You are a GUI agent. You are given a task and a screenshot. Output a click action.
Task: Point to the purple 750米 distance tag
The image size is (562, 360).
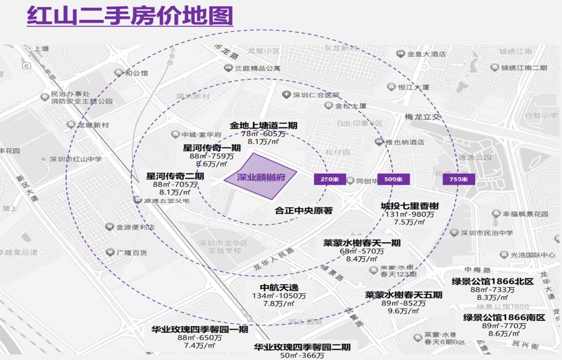(x=459, y=179)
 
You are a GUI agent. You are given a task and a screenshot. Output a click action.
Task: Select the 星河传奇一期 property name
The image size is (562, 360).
(x=212, y=148)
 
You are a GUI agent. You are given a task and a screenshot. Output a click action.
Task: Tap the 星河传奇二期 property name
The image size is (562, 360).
(x=175, y=176)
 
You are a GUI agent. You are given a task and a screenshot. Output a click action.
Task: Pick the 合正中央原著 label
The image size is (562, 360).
(x=303, y=211)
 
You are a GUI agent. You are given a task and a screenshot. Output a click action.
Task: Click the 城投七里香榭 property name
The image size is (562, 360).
(x=410, y=206)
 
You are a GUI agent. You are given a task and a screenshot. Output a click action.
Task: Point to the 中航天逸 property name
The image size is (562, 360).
(x=279, y=286)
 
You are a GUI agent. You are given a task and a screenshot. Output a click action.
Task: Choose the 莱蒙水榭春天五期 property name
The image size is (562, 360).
(x=404, y=295)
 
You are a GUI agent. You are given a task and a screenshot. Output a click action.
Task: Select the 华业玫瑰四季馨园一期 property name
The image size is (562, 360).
(x=199, y=329)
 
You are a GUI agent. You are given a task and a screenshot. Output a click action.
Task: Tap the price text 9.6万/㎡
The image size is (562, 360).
(x=402, y=311)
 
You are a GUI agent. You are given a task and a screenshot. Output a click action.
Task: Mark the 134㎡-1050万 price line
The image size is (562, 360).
(x=279, y=295)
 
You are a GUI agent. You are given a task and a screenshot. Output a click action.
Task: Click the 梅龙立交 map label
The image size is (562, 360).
(x=423, y=117)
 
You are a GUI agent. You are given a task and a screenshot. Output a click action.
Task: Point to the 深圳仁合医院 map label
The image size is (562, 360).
(x=315, y=95)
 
